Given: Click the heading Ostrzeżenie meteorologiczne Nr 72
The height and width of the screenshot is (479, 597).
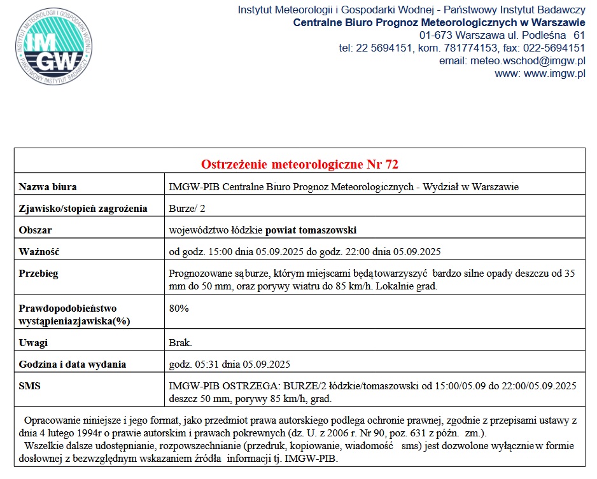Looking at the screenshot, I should pyautogui.click(x=300, y=165).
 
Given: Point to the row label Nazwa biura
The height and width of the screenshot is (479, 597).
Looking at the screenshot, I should pyautogui.click(x=48, y=187).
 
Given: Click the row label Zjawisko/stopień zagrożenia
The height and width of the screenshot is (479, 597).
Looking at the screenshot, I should pyautogui.click(x=83, y=209).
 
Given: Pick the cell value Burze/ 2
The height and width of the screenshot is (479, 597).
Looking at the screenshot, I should pyautogui.click(x=187, y=209).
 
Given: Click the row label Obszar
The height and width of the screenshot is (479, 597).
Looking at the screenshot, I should pyautogui.click(x=36, y=230).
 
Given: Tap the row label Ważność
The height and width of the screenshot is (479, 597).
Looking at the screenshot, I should pyautogui.click(x=39, y=251).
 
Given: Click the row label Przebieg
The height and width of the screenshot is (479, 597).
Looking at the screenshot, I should pyautogui.click(x=39, y=274).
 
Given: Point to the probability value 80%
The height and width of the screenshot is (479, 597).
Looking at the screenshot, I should pyautogui.click(x=179, y=309).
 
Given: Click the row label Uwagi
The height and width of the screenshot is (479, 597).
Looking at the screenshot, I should pyautogui.click(x=34, y=343).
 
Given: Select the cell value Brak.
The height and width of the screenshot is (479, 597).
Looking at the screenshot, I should pyautogui.click(x=181, y=343).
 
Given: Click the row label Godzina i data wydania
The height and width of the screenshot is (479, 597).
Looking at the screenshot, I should pyautogui.click(x=73, y=364).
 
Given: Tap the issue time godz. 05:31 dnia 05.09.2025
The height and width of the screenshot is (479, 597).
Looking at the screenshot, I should pyautogui.click(x=230, y=364).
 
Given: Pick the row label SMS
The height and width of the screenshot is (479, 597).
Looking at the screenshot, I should pyautogui.click(x=29, y=386).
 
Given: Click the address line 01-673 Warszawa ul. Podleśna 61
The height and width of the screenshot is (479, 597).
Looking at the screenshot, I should pyautogui.click(x=502, y=35).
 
